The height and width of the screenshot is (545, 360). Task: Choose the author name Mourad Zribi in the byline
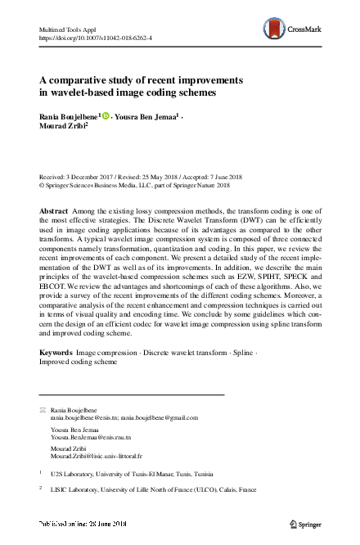tap(61, 127)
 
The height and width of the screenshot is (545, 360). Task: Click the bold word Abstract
tap(54, 210)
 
